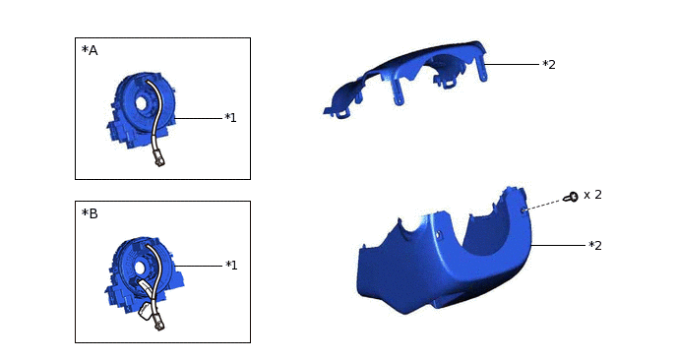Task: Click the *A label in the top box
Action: point(89,50)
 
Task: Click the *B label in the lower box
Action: point(89,212)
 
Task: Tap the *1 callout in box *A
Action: point(230,118)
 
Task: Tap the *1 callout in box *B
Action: point(231,265)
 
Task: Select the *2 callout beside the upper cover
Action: point(549,64)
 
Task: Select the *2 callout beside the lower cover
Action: point(594,245)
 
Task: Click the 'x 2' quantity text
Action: point(592,195)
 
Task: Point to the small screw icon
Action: point(571,198)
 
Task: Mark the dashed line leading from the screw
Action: point(543,204)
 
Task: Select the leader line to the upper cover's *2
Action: point(514,64)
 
